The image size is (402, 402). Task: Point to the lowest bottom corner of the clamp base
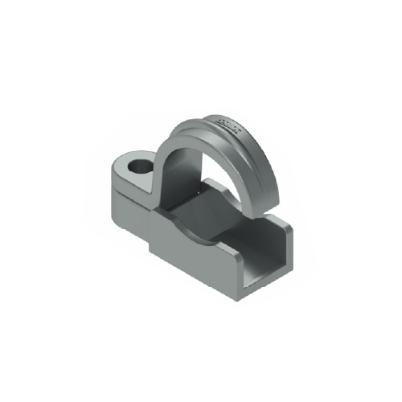pos(241,302)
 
